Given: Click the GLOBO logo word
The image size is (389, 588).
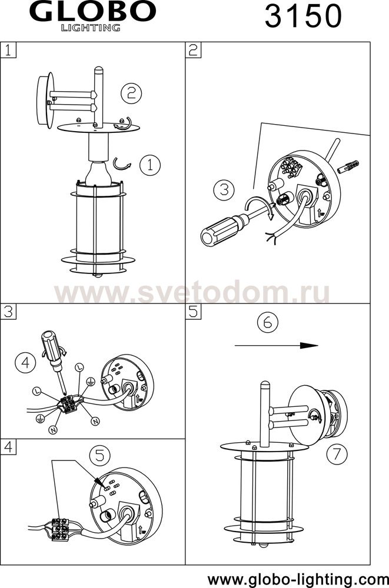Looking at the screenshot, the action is point(93,12).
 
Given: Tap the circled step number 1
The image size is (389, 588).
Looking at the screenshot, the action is point(150,165).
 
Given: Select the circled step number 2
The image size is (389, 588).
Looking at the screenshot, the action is point(131,92).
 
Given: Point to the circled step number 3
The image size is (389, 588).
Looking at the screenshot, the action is point(224,190).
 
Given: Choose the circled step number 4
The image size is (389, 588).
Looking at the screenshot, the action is point(25,363).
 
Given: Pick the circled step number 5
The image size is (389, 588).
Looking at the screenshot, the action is point(100,455).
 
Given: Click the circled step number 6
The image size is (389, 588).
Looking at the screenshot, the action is point(268,322).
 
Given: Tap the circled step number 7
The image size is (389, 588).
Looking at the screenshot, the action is point(337,454).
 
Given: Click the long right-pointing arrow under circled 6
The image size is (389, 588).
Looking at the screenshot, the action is point(277,345).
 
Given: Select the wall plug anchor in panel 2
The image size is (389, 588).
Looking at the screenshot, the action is point(348,166).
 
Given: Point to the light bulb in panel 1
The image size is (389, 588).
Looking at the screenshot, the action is point(98,173).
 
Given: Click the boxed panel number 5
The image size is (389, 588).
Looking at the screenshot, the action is point(194,311).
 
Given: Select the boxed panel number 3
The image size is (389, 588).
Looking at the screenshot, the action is point(8,311).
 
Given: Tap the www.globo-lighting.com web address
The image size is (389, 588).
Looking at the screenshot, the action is point(298,579).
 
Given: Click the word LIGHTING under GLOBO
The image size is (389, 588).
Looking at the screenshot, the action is point(91,28).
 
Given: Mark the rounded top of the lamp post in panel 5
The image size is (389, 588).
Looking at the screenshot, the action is point(265,384).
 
